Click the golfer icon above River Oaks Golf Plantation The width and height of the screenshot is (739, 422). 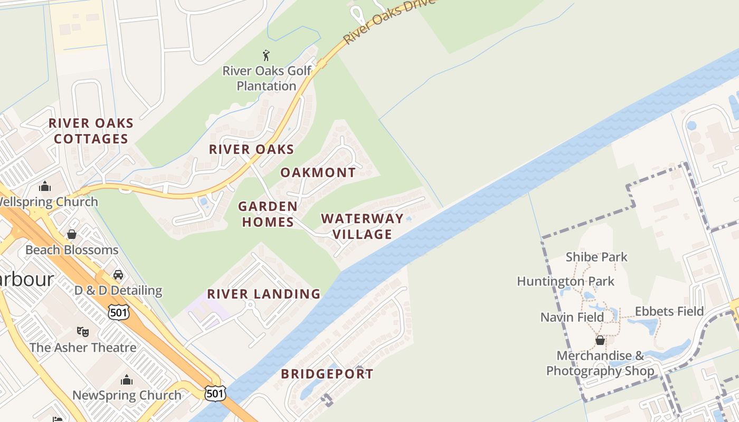click(x=266, y=55)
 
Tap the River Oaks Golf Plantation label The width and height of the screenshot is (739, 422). click(x=267, y=78)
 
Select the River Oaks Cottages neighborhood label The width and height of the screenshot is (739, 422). click(x=91, y=131)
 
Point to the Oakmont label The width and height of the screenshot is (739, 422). click(x=318, y=172)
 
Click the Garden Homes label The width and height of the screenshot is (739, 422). click(x=268, y=214)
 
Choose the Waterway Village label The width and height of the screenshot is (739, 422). click(x=362, y=226)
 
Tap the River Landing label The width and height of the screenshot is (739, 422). click(x=263, y=294)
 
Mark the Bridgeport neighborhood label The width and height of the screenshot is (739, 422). click(x=327, y=374)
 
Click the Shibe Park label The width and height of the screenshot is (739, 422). click(x=596, y=257)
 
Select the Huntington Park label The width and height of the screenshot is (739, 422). click(x=565, y=281)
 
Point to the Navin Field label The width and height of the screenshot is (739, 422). click(x=572, y=317)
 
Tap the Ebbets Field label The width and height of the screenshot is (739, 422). click(x=669, y=311)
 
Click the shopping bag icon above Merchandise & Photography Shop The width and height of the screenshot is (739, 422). click(x=600, y=340)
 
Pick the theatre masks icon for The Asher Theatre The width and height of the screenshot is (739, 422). click(x=82, y=331)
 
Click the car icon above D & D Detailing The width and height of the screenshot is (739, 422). click(x=118, y=275)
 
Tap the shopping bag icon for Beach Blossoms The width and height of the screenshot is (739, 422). click(x=71, y=234)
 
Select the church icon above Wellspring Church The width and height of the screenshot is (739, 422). click(x=45, y=186)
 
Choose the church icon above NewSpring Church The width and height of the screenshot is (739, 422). click(x=127, y=380)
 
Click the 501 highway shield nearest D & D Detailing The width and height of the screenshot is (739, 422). click(x=118, y=312)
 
